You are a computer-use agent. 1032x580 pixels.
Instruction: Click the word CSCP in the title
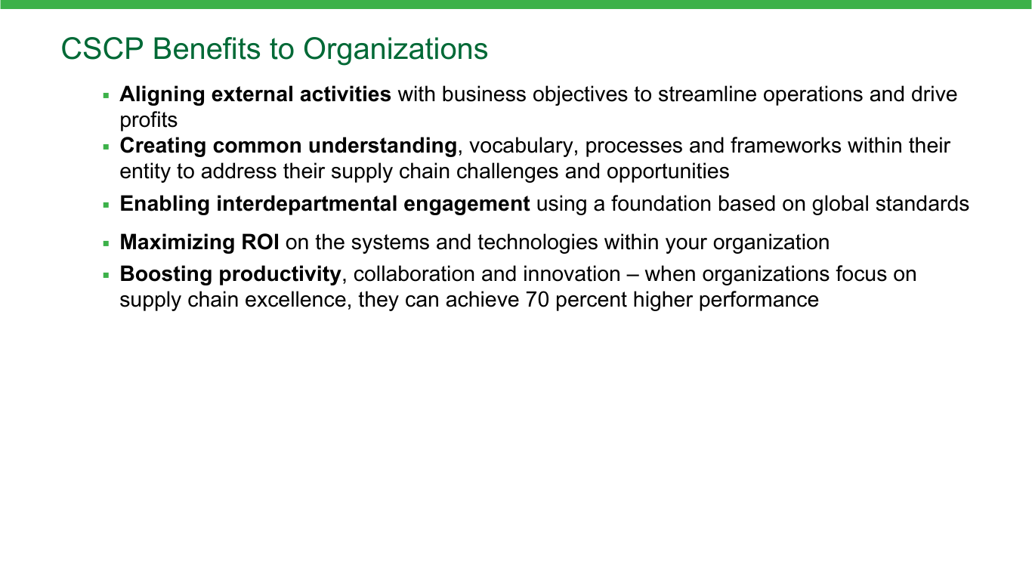tap(102, 49)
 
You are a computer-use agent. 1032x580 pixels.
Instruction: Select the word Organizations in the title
tap(395, 50)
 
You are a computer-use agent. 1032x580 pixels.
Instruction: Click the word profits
tap(148, 121)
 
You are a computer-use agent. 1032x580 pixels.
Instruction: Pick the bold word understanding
tap(382, 147)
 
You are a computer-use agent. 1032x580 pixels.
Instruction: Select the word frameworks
tap(786, 146)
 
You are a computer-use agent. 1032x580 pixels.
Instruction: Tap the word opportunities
tap(668, 172)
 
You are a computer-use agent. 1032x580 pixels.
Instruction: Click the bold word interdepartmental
tap(307, 204)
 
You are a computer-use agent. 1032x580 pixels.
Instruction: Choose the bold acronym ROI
tap(260, 242)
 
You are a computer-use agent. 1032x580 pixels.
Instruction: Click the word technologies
tap(538, 242)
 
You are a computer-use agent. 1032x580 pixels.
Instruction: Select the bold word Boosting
tap(166, 275)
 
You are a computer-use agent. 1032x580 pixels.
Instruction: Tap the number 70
tap(537, 300)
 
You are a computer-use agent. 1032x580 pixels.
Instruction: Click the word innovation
tap(572, 274)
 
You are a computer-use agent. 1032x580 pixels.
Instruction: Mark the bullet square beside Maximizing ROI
tap(107, 243)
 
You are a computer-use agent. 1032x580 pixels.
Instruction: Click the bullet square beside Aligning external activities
tap(107, 96)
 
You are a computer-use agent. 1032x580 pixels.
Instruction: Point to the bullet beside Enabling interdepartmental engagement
tap(107, 205)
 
